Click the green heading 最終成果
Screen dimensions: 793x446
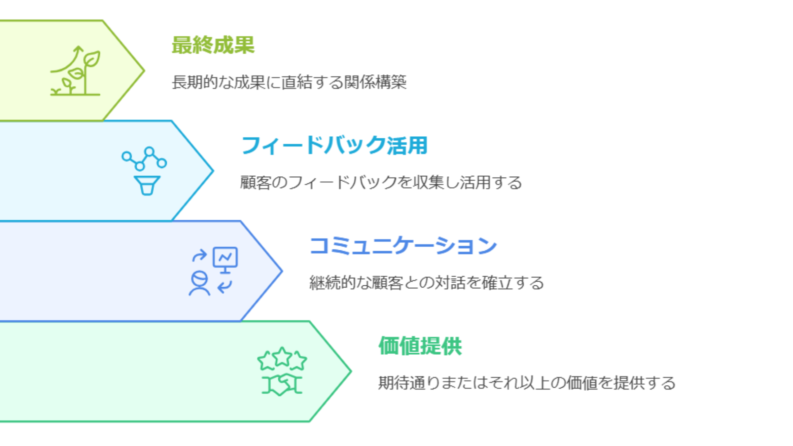[x=213, y=45]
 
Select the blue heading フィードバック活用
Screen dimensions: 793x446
[x=334, y=145]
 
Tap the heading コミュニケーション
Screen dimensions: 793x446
[x=403, y=246]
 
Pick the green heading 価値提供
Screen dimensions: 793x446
[x=420, y=346]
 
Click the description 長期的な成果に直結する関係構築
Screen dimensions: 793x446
[x=289, y=82]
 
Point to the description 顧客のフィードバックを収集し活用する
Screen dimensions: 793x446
[x=381, y=183]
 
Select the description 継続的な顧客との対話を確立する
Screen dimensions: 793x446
[x=427, y=283]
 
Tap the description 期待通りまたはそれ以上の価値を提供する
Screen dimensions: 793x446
[x=527, y=383]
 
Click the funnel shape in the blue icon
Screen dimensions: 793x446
[x=147, y=185]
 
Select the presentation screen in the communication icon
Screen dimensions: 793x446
[x=225, y=259]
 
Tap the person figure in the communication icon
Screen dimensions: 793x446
[x=199, y=283]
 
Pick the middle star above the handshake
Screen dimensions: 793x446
[x=282, y=356]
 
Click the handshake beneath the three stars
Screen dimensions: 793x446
[x=282, y=385]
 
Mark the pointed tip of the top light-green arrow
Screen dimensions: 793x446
[x=144, y=71]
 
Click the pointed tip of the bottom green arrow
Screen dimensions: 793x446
[x=351, y=372]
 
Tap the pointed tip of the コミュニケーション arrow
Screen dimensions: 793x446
[x=282, y=271]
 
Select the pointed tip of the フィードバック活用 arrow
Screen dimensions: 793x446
[x=213, y=171]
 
